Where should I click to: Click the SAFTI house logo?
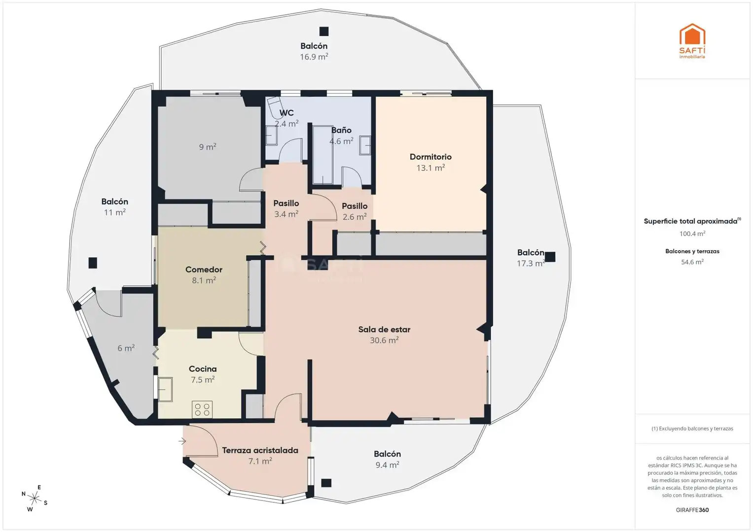[x=692, y=40]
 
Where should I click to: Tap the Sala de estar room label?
[x=384, y=330]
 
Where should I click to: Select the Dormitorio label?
[x=430, y=157]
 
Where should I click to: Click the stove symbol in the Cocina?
[x=202, y=410]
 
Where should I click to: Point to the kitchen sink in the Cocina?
[x=165, y=389]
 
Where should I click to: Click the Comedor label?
[x=204, y=269]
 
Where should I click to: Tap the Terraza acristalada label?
[x=260, y=450]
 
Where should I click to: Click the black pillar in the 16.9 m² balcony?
[x=323, y=31]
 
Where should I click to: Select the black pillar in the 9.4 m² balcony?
[x=326, y=483]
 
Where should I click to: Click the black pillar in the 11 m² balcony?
[x=93, y=263]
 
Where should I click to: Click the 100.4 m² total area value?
[x=692, y=233]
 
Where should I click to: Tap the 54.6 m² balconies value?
[x=692, y=262]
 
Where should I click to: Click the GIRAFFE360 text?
[x=692, y=510]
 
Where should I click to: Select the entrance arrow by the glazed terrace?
[x=182, y=441]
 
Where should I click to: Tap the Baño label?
[x=341, y=131]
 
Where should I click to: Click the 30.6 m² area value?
[x=384, y=340]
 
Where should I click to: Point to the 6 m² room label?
[x=126, y=348]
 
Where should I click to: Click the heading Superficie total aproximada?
[x=690, y=221]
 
